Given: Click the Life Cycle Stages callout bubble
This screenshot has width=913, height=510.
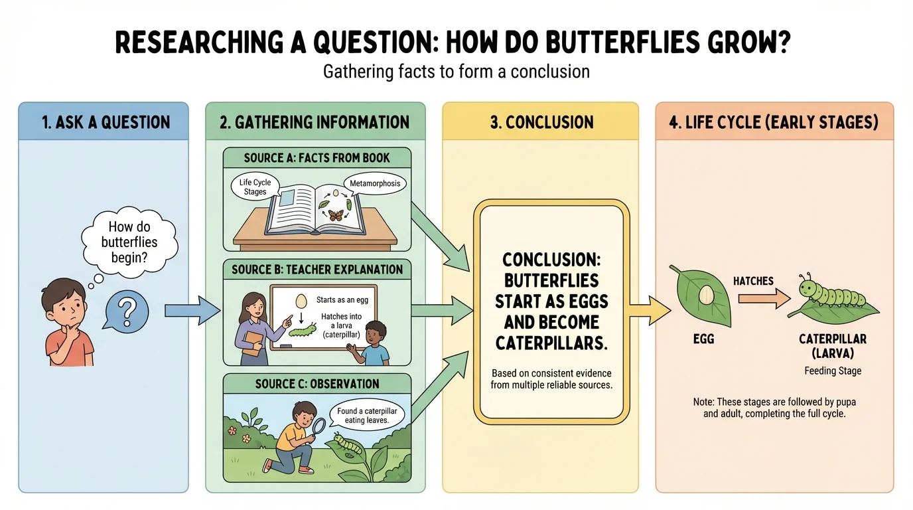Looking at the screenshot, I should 255,187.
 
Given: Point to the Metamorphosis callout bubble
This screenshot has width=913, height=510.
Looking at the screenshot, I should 374,183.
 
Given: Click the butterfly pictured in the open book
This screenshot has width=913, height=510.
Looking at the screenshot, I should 336,216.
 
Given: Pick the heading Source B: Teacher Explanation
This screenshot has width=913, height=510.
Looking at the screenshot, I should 317,270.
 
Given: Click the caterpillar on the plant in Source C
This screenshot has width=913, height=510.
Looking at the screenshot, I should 348,445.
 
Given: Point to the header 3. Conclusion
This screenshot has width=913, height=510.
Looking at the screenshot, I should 540,122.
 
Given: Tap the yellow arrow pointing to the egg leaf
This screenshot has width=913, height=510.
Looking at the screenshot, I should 650,310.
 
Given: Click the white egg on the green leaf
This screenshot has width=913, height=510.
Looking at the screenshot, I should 705,293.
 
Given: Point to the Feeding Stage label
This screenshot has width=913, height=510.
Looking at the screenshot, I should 833,371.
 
